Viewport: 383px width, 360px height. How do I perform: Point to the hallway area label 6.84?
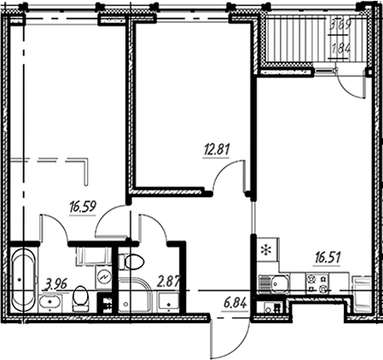pyautogui.click(x=232, y=304)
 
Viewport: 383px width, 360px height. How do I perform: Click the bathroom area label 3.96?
pyautogui.click(x=56, y=282)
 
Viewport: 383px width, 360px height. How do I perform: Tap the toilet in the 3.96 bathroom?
pyautogui.click(x=82, y=298)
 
